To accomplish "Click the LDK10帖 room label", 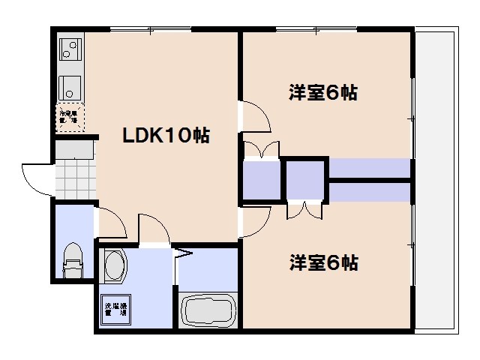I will pyautogui.click(x=166, y=136).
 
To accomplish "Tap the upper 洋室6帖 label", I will pyautogui.click(x=322, y=93).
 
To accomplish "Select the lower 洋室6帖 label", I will pyautogui.click(x=323, y=263).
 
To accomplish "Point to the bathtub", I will pyautogui.click(x=209, y=310).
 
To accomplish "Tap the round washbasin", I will pyautogui.click(x=115, y=266).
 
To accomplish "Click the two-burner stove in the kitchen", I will pyautogui.click(x=71, y=49).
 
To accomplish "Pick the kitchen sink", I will pyautogui.click(x=71, y=86).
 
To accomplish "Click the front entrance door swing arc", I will pyautogui.click(x=36, y=178).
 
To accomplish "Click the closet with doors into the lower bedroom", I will pyautogui.click(x=305, y=181).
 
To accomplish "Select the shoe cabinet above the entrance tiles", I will pyautogui.click(x=75, y=150).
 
